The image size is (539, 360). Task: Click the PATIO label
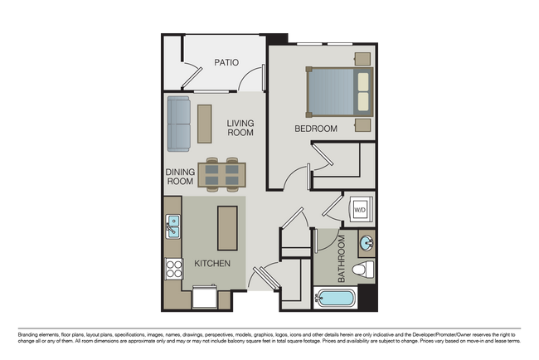(226, 62)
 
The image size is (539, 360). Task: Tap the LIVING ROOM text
(240, 128)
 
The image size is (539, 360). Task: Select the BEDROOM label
(316, 129)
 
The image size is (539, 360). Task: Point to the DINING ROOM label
(180, 177)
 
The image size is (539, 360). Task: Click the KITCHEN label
(212, 263)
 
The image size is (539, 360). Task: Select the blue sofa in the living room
(179, 124)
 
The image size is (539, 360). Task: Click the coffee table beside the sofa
(204, 123)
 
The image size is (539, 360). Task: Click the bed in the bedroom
(340, 91)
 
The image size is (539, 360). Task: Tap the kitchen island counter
(226, 227)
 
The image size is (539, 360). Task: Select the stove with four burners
(174, 268)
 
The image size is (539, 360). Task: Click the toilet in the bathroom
(362, 269)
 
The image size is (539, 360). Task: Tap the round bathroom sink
(366, 243)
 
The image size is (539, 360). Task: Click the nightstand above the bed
(362, 58)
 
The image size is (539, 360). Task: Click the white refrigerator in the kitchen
(205, 296)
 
